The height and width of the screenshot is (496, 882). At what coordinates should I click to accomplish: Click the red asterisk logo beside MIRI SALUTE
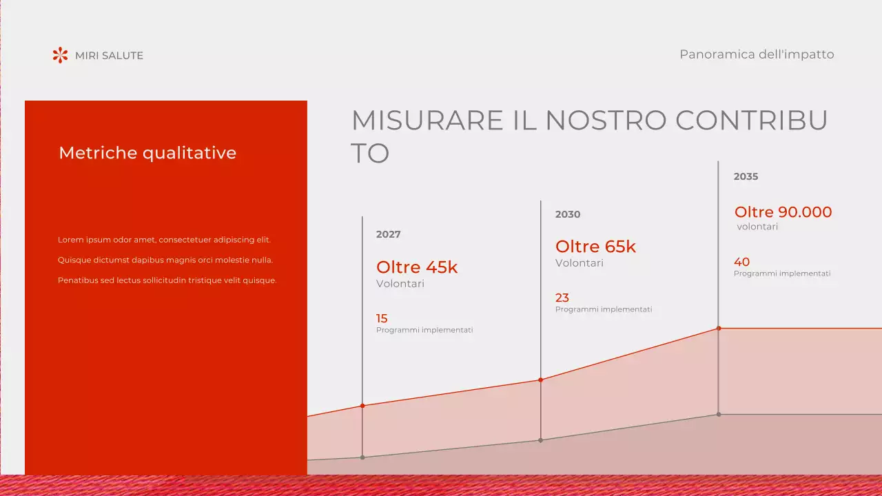61,55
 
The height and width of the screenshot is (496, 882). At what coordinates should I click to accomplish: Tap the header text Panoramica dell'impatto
757,54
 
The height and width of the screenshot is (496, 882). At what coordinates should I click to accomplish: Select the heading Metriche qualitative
147,153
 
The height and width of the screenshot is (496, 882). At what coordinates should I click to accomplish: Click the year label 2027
388,234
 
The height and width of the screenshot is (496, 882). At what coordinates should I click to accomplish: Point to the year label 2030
568,214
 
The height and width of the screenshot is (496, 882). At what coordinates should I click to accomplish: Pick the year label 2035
746,176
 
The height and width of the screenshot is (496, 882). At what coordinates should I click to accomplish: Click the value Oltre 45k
417,267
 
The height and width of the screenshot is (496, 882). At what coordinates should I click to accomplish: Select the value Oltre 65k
595,247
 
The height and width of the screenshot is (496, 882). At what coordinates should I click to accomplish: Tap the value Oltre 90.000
783,212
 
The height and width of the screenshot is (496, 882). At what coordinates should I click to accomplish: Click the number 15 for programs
382,318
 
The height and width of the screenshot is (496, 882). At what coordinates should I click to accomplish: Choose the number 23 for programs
562,298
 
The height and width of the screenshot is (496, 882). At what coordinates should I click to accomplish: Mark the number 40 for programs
741,262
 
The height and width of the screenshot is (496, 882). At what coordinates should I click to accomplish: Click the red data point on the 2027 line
362,406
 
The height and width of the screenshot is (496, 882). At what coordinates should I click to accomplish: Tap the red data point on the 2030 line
540,380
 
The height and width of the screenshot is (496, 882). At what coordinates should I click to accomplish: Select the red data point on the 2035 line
719,328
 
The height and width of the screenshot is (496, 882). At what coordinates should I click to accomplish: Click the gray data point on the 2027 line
362,457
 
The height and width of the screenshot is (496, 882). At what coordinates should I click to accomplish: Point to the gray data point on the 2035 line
719,414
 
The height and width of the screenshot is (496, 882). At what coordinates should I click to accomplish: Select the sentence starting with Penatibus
167,280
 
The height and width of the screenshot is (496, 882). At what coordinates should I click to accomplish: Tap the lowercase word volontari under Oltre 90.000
757,227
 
